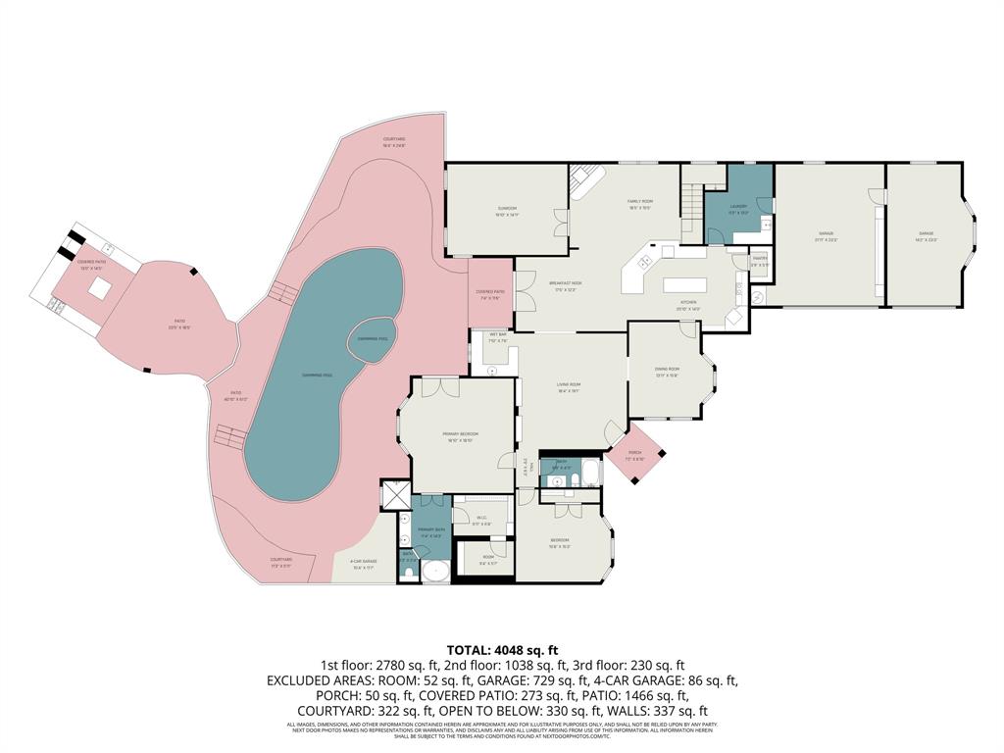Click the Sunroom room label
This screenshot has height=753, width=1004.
(x=506, y=209)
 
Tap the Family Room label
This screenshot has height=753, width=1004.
(x=640, y=201)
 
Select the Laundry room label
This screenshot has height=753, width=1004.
(x=738, y=206)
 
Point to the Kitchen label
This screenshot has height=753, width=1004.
(x=687, y=303)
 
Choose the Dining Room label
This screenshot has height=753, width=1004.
(x=667, y=369)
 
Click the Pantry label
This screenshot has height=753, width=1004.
(x=759, y=258)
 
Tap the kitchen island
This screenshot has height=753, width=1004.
(x=691, y=285)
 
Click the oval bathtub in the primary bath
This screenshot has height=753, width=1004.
(x=434, y=573)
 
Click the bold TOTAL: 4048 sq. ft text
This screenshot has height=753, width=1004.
(x=502, y=649)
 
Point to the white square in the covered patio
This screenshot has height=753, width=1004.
(x=99, y=287)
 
